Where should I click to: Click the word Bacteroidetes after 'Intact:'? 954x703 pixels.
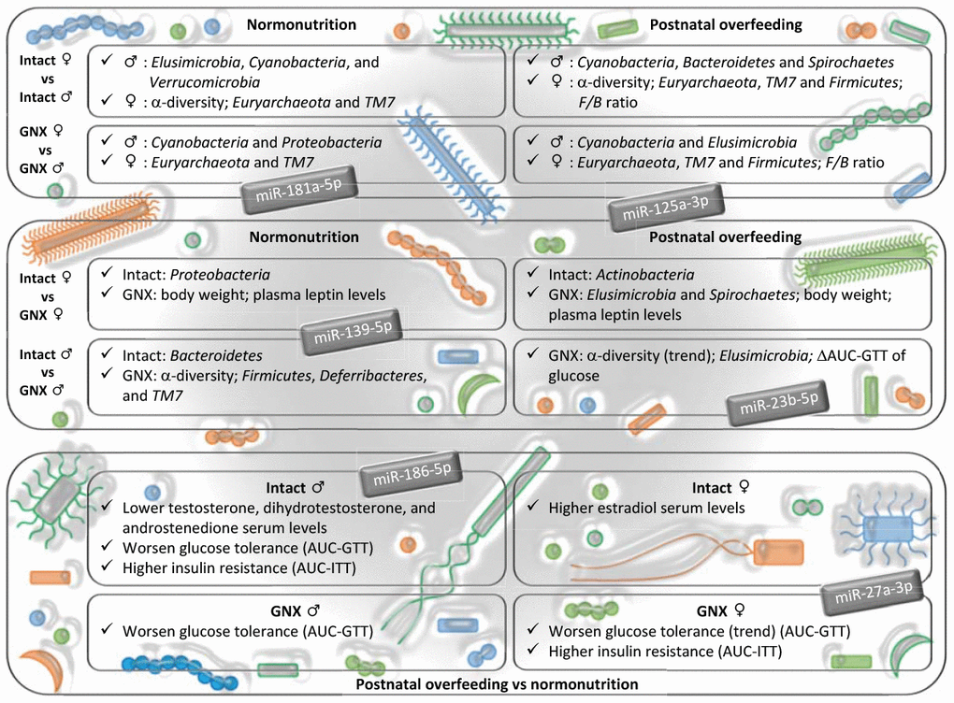pos(217,356)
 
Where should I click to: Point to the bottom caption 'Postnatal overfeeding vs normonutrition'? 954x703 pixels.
pos(498,684)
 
